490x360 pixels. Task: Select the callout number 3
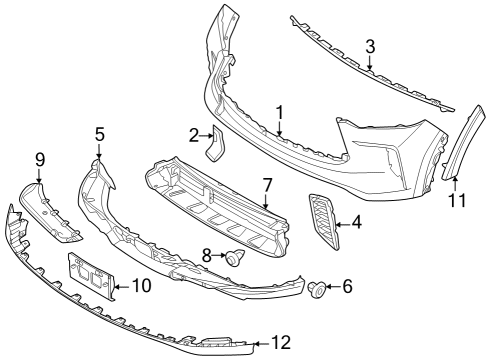(x=370, y=46)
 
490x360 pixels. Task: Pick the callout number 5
(x=99, y=133)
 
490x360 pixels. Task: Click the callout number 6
(x=347, y=287)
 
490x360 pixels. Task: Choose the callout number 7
(x=267, y=185)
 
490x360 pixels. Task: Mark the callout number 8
(x=207, y=257)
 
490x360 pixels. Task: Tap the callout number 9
(x=40, y=158)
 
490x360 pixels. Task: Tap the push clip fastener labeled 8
(x=235, y=259)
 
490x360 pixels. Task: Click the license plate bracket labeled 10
(x=90, y=275)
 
